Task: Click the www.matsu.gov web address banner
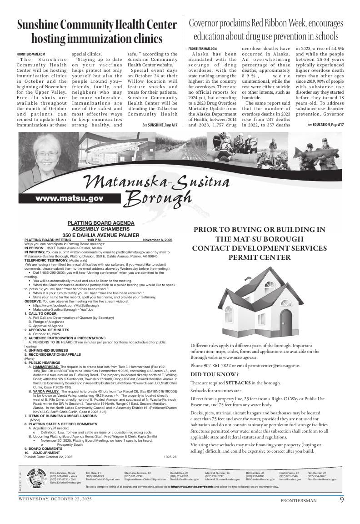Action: click(69, 198)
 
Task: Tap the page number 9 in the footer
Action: click(341, 500)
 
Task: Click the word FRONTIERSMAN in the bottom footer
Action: click(298, 501)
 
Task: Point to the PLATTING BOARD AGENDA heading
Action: click(101, 223)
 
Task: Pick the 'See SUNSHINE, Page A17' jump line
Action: click(160, 125)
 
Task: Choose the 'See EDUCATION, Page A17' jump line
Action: click(325, 125)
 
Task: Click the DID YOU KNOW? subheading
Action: click(212, 374)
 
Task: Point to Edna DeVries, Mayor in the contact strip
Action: click(63, 473)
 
